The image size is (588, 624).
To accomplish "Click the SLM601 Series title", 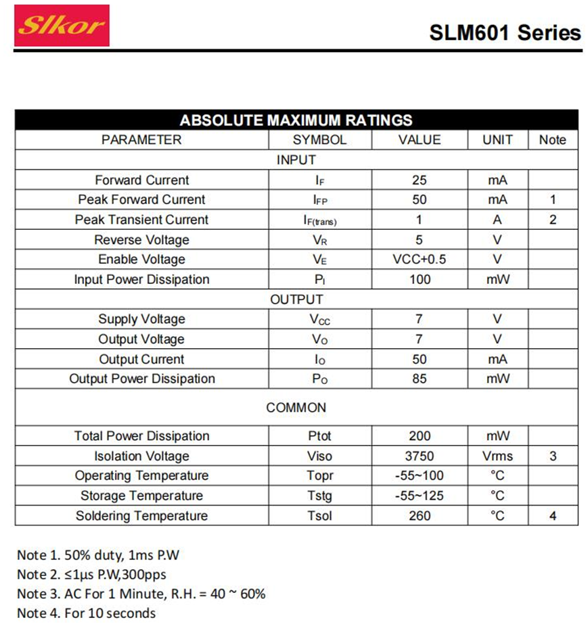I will click(504, 33).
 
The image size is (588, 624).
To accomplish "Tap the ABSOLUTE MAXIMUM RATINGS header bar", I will click(296, 120).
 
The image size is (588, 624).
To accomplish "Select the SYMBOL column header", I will click(319, 140).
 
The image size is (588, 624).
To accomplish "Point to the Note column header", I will click(552, 140).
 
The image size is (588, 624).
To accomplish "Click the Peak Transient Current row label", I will click(141, 220).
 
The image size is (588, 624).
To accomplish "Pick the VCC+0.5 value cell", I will click(419, 260).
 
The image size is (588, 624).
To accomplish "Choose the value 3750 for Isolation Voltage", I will click(419, 456).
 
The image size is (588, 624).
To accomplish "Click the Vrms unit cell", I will click(497, 456).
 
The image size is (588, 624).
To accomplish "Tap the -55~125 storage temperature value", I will click(419, 496).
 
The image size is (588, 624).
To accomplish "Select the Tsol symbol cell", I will click(319, 516).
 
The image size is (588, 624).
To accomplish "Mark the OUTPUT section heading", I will click(296, 299).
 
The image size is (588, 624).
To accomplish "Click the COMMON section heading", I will click(296, 408).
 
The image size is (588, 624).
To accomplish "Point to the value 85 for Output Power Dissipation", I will click(419, 379).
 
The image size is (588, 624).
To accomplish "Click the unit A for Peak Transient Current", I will click(497, 220).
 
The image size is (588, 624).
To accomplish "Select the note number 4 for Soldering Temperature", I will click(552, 516).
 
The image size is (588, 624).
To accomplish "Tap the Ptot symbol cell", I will click(319, 436).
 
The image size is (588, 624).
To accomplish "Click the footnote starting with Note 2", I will click(92, 575).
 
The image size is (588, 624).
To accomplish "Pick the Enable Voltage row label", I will click(141, 260).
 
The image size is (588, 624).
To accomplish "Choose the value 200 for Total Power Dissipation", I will click(419, 436).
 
